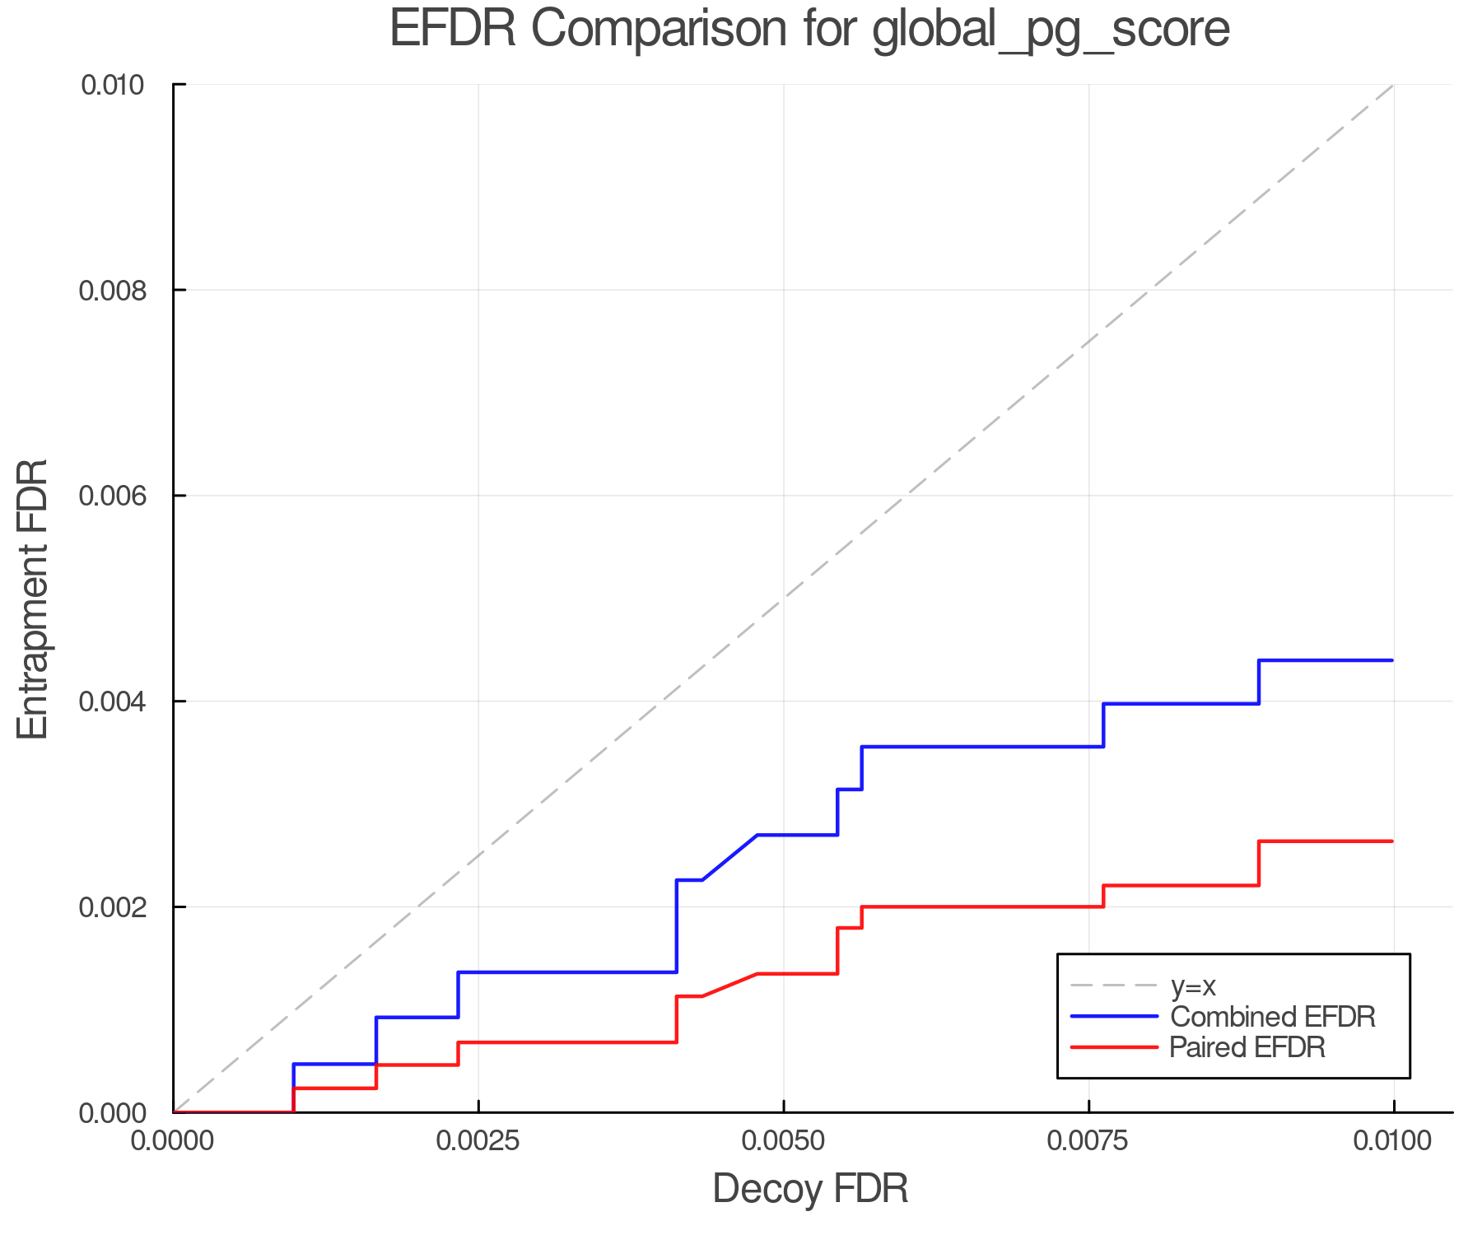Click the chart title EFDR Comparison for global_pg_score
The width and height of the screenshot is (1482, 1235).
point(809,30)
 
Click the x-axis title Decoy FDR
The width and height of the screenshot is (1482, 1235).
point(809,1188)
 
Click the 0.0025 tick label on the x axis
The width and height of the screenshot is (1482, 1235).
point(478,1142)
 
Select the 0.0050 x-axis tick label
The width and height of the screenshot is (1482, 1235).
point(784,1142)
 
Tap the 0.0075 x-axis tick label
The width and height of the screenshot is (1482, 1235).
point(1088,1142)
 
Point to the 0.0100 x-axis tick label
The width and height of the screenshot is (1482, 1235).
point(1393,1142)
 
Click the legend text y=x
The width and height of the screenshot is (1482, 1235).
point(1192,986)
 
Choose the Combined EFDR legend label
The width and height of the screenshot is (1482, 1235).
point(1272,1017)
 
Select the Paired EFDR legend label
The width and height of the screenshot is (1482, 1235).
point(1247,1047)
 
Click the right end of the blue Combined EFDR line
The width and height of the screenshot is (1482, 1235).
point(1391,660)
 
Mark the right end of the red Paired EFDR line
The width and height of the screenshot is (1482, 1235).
point(1391,841)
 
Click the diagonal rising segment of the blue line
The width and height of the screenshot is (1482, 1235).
point(729,857)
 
